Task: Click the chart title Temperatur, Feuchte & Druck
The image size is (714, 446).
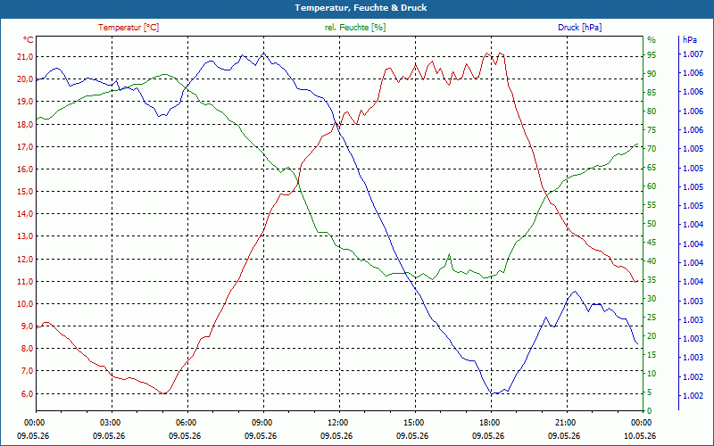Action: click(x=361, y=8)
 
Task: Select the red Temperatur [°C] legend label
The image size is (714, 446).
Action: click(x=129, y=28)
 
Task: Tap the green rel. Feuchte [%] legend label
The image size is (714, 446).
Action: click(x=355, y=28)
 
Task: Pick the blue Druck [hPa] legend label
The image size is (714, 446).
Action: click(x=579, y=28)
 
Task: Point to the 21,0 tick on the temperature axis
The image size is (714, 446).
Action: click(x=25, y=56)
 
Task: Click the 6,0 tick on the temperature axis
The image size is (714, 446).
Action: click(x=27, y=393)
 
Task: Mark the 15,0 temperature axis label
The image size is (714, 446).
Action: click(x=25, y=192)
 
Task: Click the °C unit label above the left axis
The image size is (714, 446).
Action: click(x=29, y=40)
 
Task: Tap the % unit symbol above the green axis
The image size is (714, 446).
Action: click(x=652, y=40)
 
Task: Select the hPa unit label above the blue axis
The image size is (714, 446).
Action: click(x=689, y=40)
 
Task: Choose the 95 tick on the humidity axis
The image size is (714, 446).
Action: click(x=652, y=54)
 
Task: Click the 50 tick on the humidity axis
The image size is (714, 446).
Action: click(x=652, y=224)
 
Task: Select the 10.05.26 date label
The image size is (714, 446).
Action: click(x=640, y=436)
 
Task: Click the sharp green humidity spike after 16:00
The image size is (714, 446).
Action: click(x=450, y=254)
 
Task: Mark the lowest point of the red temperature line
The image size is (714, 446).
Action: click(x=163, y=393)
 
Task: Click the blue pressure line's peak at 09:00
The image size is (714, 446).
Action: click(x=263, y=53)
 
